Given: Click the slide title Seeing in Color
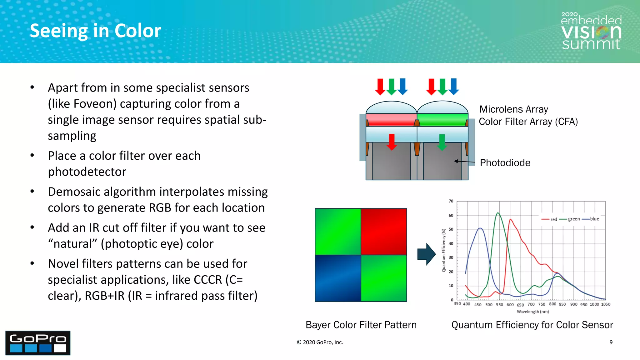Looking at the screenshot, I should [95, 31].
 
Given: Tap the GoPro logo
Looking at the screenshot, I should [38, 343].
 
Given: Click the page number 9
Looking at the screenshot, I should [611, 342].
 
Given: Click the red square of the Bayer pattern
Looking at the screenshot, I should [384, 232].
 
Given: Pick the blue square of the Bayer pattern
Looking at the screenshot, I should [338, 278].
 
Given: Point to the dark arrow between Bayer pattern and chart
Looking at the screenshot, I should [426, 254].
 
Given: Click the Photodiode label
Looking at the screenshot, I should [505, 163].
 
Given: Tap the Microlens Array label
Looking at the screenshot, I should [513, 109].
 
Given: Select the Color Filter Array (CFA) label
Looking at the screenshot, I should [528, 122].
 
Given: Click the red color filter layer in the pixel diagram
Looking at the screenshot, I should [391, 120].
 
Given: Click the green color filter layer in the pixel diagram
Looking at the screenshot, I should [442, 120].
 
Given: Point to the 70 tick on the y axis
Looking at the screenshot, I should [451, 201].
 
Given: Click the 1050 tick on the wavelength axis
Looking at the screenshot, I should [606, 304].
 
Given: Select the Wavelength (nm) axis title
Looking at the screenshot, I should [532, 312].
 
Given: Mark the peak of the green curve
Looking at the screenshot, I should [498, 213].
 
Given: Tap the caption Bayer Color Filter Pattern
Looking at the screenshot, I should [361, 325].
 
